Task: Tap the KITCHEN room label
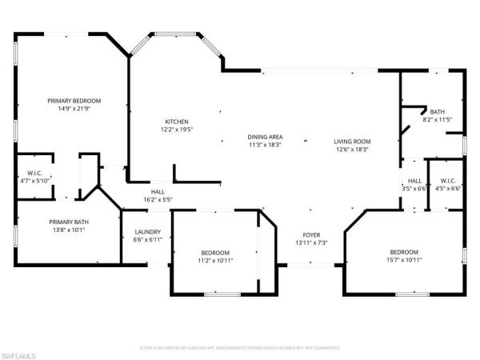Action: click(176, 121)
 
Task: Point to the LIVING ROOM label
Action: click(353, 141)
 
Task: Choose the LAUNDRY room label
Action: click(147, 232)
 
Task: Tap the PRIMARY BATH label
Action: click(68, 222)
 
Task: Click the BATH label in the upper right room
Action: click(438, 111)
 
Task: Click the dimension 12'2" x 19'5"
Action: click(176, 129)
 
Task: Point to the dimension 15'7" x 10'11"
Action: click(404, 259)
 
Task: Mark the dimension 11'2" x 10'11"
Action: click(215, 259)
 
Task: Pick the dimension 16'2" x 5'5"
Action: click(158, 199)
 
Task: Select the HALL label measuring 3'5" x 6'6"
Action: click(414, 189)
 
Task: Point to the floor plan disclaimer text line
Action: click(239, 348)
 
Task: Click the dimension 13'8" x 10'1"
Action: click(68, 230)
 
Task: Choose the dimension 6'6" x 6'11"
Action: click(147, 240)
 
